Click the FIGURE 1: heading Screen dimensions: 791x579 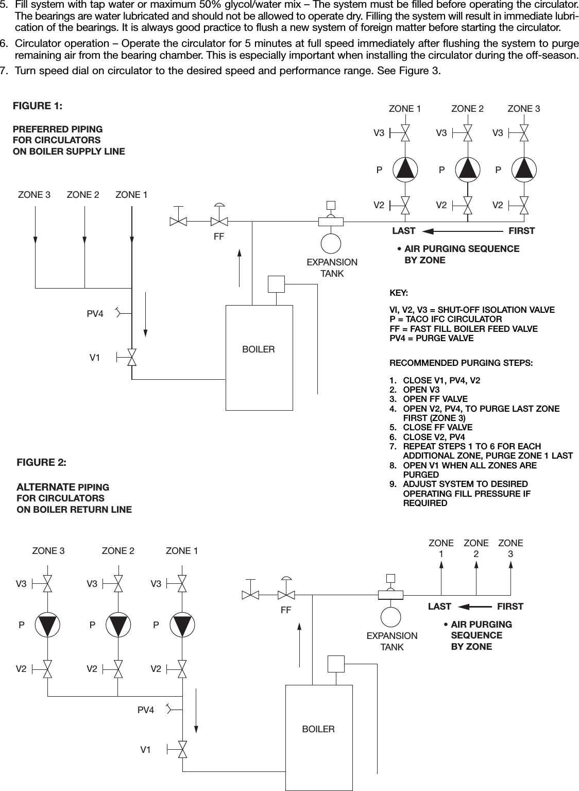38,106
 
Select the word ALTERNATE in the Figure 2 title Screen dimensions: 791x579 46,487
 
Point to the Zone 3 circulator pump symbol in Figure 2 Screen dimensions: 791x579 47,625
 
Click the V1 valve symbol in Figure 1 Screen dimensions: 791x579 132,357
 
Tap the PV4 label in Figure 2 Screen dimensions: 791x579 146,710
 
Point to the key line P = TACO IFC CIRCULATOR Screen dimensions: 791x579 446,319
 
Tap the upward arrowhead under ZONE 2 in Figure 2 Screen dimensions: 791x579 476,564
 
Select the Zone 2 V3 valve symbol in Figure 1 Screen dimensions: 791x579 468,133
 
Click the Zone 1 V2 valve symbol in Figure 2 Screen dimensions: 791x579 182,669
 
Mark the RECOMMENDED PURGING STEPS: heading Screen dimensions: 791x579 461,363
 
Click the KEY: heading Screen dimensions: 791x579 399,293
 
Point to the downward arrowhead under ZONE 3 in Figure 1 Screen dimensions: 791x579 36,239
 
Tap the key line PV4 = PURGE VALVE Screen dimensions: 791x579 431,338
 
